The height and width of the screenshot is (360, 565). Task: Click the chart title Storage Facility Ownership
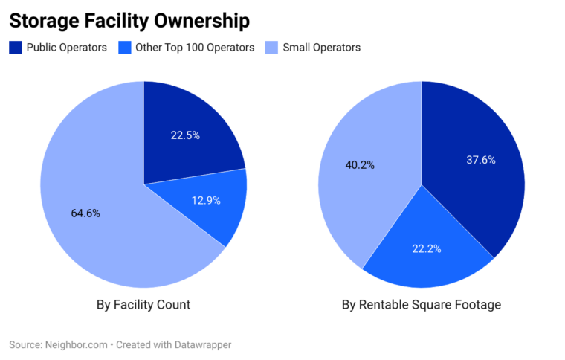[129, 20]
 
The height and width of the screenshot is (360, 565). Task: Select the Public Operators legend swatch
[16, 48]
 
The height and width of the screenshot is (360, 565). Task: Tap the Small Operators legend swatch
[271, 48]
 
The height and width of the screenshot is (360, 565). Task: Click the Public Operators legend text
[67, 48]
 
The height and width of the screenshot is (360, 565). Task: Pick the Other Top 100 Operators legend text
[196, 48]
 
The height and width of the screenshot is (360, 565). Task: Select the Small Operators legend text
[322, 48]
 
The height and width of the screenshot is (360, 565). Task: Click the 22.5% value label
[185, 135]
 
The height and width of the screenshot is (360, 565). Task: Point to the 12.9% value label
[205, 200]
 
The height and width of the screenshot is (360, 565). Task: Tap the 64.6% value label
[85, 213]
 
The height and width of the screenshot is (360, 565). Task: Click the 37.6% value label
[481, 159]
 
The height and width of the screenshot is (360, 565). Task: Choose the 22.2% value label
[426, 248]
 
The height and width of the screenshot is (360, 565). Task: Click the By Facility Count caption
[143, 304]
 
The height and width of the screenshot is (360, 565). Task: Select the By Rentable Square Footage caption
[422, 304]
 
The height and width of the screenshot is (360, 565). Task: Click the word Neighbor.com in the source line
[76, 345]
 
